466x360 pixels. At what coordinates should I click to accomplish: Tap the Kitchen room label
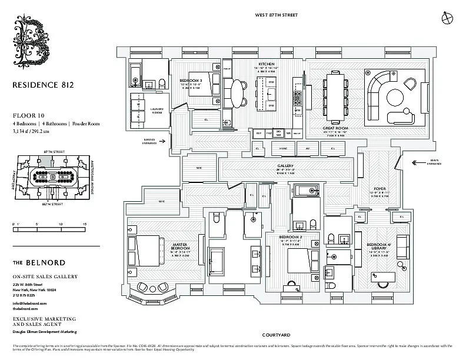point(267,64)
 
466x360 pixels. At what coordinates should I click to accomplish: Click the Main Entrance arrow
point(422,163)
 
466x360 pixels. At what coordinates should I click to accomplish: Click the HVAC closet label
point(283,149)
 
